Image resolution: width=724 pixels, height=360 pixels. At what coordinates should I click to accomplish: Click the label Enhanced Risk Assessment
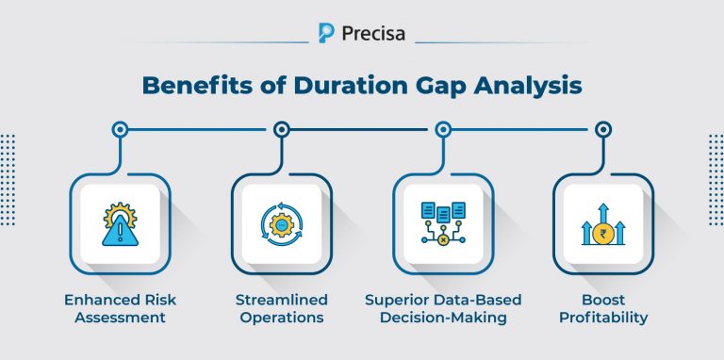pyautogui.click(x=120, y=308)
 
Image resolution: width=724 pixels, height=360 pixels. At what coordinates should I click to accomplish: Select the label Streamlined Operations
pyautogui.click(x=281, y=308)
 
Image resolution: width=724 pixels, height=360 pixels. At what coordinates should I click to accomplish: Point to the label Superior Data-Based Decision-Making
pyautogui.click(x=442, y=308)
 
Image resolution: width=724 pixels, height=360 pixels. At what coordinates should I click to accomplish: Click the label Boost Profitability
pyautogui.click(x=602, y=308)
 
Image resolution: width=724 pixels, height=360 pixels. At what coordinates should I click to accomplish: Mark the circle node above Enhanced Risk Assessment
pyautogui.click(x=120, y=129)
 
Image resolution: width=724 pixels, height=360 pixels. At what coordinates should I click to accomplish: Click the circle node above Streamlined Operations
pyautogui.click(x=281, y=129)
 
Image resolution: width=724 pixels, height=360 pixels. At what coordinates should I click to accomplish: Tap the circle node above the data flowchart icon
pyautogui.click(x=442, y=129)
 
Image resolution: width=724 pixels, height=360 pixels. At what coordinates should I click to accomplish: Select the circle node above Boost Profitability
pyautogui.click(x=602, y=129)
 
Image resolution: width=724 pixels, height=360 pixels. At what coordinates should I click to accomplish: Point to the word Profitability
pyautogui.click(x=602, y=318)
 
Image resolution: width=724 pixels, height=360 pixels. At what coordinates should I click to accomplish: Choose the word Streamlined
pyautogui.click(x=281, y=300)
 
